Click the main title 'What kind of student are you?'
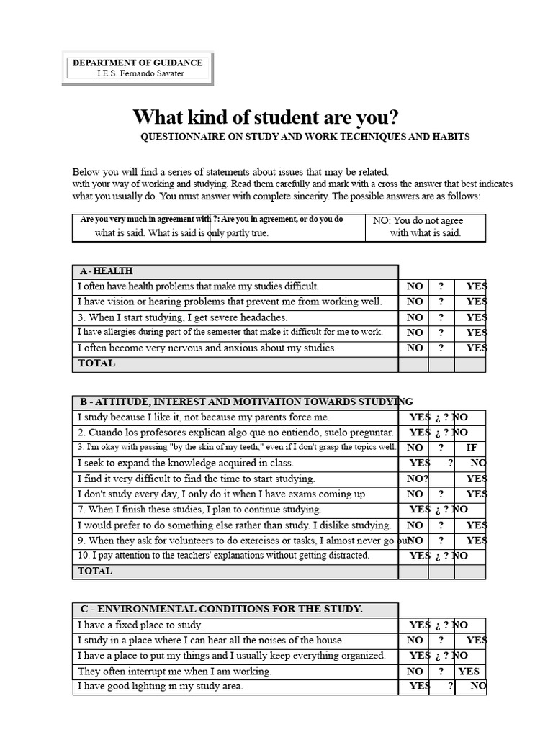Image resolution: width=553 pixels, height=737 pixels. (x=265, y=117)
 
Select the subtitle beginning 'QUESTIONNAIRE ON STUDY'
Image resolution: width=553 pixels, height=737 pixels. (x=305, y=137)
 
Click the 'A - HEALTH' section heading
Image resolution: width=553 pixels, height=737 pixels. (x=107, y=271)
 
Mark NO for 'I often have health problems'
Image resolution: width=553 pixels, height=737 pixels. (x=415, y=286)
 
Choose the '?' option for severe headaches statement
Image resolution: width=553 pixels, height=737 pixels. (x=441, y=317)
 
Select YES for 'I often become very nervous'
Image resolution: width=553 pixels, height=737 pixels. (x=476, y=348)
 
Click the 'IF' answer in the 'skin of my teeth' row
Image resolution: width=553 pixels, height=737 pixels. (x=472, y=448)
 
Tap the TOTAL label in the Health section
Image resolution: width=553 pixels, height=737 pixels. (x=96, y=363)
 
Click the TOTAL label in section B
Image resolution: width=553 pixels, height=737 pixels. (x=95, y=571)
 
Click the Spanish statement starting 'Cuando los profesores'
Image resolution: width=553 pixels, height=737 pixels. (x=235, y=433)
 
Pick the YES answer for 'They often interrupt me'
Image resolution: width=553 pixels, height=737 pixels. (x=469, y=672)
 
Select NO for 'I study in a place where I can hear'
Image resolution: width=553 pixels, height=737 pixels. (x=415, y=641)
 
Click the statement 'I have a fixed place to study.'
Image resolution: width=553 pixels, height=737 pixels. (x=140, y=625)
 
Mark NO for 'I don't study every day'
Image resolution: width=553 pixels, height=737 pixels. (x=415, y=494)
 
